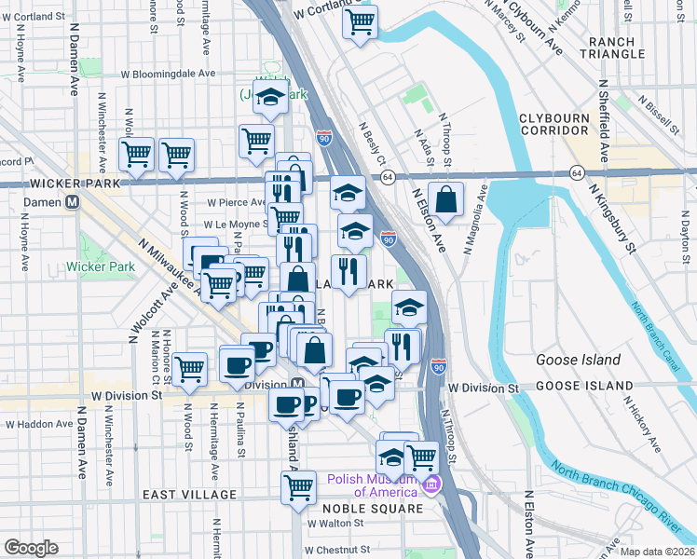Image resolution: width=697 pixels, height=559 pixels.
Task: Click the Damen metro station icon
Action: pos(69,202)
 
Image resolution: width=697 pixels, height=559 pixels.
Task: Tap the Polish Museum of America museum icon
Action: pos(430,485)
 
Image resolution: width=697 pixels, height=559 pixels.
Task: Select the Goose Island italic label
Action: pos(578,360)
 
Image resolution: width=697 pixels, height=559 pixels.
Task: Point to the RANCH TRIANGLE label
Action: pos(611,47)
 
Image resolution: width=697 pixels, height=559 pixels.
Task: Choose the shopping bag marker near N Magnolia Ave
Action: pos(447,198)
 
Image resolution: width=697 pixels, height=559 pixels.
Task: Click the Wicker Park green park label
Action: pos(101,267)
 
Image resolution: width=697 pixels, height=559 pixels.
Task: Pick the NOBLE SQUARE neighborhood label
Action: pos(373,510)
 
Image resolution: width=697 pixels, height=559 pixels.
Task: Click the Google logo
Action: pos(31,547)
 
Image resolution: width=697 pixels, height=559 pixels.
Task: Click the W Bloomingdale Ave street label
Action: pos(167,74)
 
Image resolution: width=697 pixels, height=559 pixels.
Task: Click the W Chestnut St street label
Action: pos(336,550)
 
